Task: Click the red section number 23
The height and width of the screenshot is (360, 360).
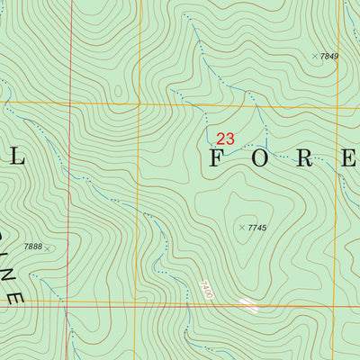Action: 225,139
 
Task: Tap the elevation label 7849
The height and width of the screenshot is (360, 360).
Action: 329,57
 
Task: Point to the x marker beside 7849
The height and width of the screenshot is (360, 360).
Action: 315,57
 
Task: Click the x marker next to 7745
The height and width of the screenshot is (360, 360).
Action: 242,228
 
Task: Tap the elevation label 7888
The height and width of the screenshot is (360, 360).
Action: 33,247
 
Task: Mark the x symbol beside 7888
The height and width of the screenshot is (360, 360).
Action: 48,247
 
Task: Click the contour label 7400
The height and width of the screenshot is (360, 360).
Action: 206,290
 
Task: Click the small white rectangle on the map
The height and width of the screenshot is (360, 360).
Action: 247,305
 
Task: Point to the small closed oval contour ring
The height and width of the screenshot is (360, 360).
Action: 118,91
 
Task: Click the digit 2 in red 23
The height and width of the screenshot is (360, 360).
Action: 220,139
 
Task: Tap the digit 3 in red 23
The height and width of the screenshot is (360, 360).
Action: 230,139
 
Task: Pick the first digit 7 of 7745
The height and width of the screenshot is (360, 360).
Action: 250,228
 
